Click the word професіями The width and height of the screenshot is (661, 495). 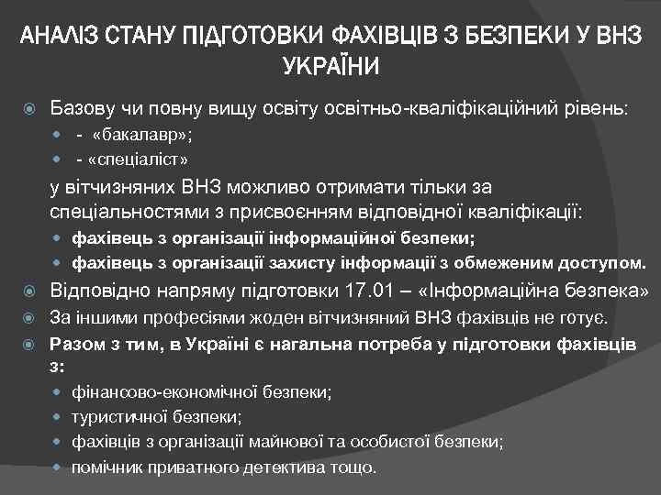pyautogui.click(x=151, y=318)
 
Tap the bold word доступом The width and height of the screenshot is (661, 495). pyautogui.click(x=600, y=264)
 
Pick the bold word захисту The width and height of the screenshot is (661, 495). pyautogui.click(x=293, y=264)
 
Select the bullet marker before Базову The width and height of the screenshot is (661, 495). pyautogui.click(x=32, y=107)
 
